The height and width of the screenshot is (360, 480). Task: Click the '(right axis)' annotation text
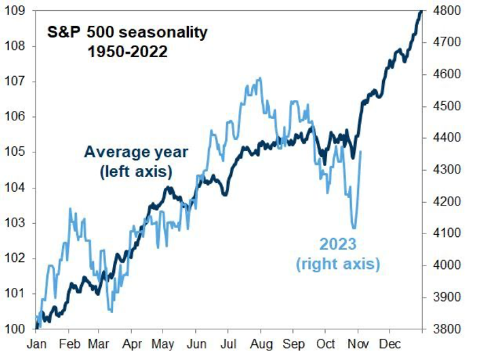pos(338,263)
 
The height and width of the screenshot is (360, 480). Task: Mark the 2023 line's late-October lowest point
pos(354,228)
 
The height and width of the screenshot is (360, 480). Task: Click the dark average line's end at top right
pos(421,11)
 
